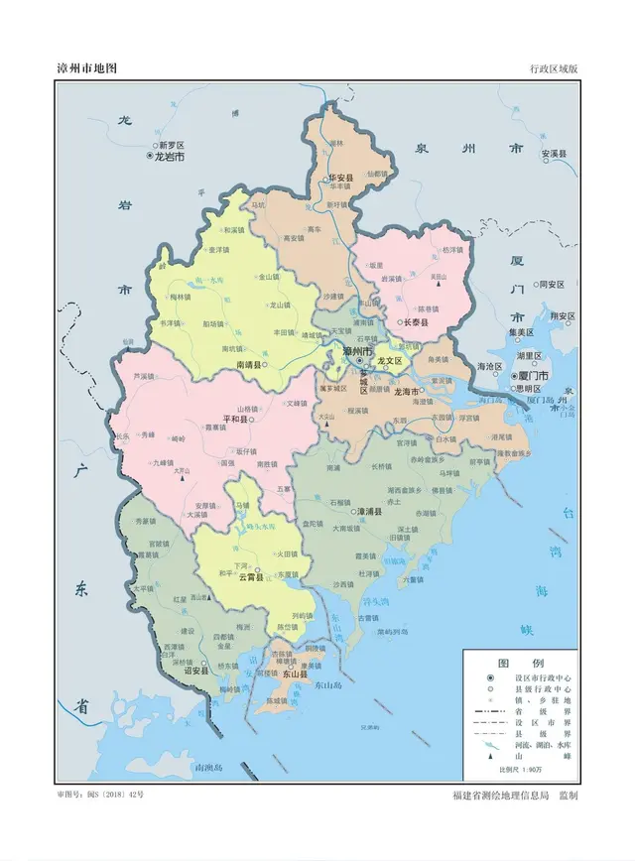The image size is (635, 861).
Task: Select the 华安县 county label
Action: click(x=341, y=180)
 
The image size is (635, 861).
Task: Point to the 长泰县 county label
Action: click(x=414, y=322)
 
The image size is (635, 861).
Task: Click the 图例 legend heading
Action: click(x=519, y=662)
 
